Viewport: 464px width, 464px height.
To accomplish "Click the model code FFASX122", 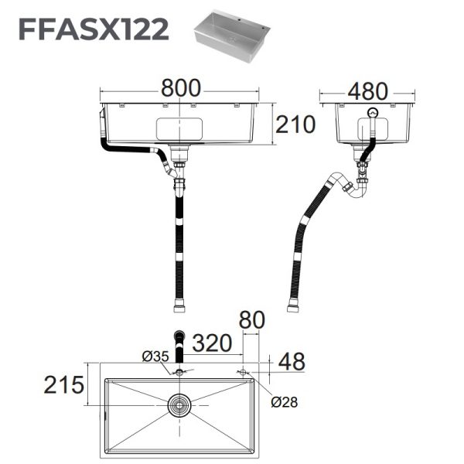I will coord(93,30).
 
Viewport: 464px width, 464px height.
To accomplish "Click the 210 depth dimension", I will coord(295,124).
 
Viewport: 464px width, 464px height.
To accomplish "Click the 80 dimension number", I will coord(253,319).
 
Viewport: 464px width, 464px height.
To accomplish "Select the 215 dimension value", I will coord(63,384).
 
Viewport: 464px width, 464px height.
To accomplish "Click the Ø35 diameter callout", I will coord(155,357).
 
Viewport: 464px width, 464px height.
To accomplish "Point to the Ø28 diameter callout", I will coord(285,401).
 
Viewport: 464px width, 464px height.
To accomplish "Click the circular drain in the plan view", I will coord(180,404).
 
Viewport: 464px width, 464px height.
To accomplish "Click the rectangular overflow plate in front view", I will coord(179,128).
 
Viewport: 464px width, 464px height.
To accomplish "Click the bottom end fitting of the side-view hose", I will coord(293,309).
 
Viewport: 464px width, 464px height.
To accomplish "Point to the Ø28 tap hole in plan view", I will coord(243,372).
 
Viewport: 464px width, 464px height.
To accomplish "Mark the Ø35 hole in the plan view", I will coord(180,373).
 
